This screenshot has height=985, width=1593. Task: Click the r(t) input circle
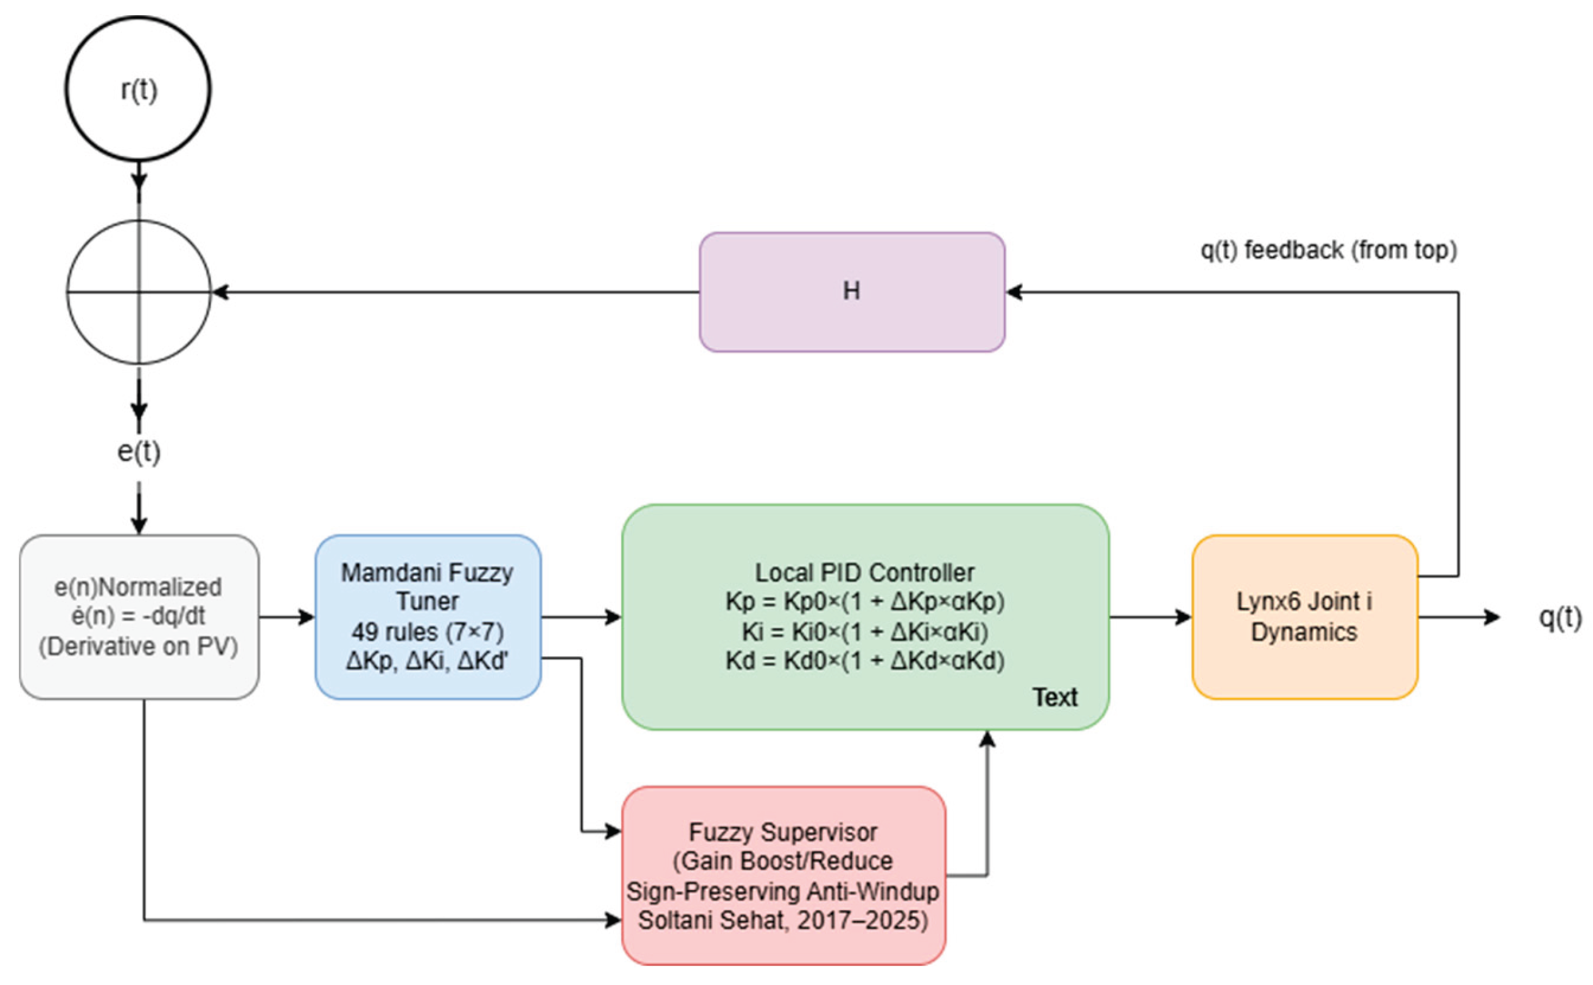coord(138,89)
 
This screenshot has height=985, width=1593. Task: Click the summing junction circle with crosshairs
coord(138,292)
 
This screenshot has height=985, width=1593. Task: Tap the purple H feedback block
coord(852,292)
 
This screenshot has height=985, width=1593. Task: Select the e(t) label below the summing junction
coord(138,452)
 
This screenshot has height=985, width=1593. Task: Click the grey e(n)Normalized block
coord(138,617)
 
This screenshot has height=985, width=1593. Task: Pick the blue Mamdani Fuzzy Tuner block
coord(428,617)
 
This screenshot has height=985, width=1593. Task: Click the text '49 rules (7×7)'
coord(428,631)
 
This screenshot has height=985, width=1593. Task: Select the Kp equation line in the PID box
coord(865,601)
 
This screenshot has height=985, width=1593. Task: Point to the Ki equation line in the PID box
coord(865,631)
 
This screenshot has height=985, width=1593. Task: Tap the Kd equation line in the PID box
coord(865,661)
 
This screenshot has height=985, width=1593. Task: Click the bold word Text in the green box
coord(1054,698)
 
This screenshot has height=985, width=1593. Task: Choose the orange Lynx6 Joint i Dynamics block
coord(1305,617)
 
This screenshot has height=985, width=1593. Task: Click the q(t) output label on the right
coord(1560,617)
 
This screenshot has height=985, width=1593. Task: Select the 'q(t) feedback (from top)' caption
coord(1328,249)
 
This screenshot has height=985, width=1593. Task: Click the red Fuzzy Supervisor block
coord(783,875)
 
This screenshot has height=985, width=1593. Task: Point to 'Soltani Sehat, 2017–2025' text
coord(783,921)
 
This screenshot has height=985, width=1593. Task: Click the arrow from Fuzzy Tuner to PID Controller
coord(580,617)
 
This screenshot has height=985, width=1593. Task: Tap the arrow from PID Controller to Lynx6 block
coord(1150,617)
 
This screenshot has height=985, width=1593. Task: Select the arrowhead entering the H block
coord(1014,292)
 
